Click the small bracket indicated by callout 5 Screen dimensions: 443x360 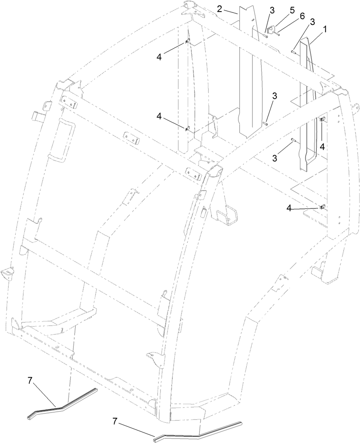(271, 29)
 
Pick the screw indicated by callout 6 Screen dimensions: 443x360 (278, 34)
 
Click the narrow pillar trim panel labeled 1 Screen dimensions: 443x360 (308, 103)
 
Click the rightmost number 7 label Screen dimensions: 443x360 (115, 421)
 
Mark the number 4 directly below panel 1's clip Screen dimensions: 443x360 (322, 146)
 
